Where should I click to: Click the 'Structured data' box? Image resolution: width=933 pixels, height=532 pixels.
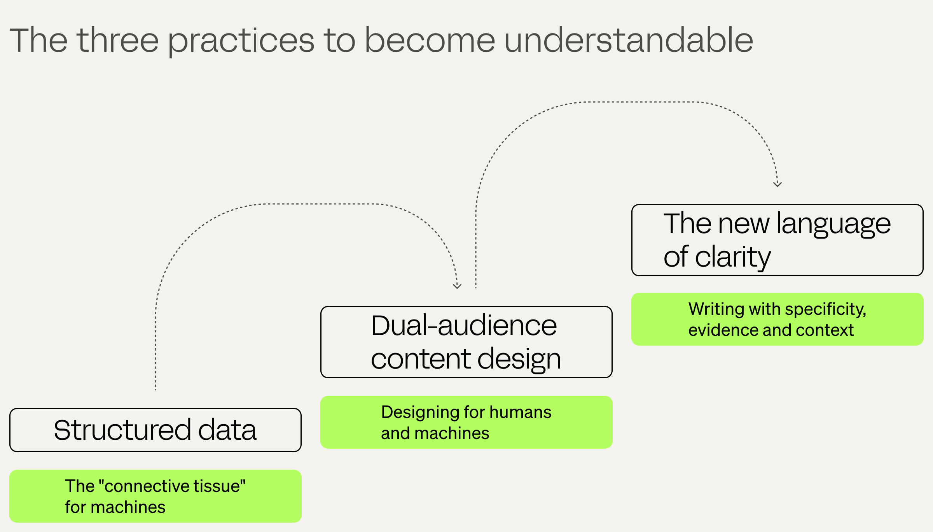[155, 430]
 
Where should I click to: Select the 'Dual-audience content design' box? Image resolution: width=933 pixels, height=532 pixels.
[466, 342]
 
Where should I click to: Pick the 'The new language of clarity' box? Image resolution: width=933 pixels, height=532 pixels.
[777, 240]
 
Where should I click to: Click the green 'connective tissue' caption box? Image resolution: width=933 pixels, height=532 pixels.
[155, 496]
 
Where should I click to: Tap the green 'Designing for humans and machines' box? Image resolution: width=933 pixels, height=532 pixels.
[466, 422]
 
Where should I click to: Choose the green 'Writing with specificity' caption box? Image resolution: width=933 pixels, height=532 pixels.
[777, 319]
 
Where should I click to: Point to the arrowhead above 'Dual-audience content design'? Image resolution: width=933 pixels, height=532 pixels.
[457, 286]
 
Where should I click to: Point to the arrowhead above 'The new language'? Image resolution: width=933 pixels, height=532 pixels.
[777, 184]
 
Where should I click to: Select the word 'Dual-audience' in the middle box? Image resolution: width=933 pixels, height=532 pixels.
[464, 325]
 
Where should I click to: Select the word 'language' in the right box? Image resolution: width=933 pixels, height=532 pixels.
[833, 225]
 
